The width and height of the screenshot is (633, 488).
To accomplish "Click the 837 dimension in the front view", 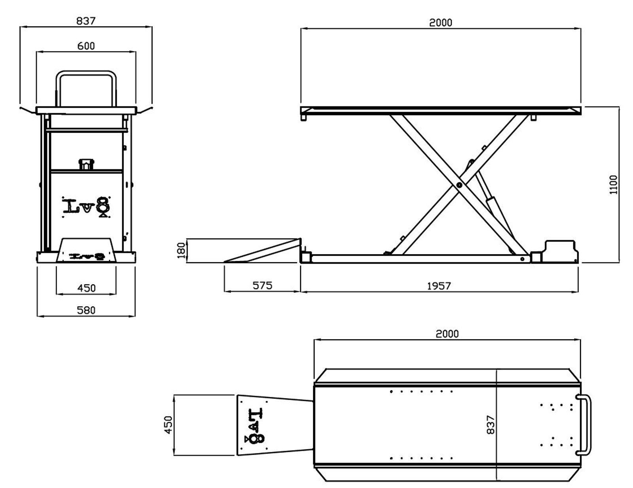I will click(x=86, y=21).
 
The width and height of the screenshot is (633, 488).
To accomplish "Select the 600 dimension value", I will click(x=86, y=46).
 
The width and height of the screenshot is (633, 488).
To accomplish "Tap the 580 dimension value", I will click(x=86, y=310).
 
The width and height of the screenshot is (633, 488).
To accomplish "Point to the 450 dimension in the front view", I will click(x=86, y=288).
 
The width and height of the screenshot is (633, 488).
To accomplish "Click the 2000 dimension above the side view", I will click(x=440, y=23).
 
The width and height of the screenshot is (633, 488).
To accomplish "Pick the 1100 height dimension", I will click(x=613, y=184).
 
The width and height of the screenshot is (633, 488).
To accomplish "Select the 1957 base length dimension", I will click(x=439, y=286).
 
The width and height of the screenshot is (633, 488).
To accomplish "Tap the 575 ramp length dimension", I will click(x=262, y=285).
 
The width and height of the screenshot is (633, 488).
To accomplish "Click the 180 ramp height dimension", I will click(x=181, y=251).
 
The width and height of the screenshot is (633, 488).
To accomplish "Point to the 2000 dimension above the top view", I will click(x=447, y=334).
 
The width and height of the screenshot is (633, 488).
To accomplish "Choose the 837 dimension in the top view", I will click(x=491, y=425).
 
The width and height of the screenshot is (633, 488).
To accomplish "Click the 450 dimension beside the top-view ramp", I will click(x=169, y=425).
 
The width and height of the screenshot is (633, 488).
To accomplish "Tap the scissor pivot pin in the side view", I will click(x=459, y=185).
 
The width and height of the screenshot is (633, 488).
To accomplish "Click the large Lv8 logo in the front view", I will click(x=86, y=206).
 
